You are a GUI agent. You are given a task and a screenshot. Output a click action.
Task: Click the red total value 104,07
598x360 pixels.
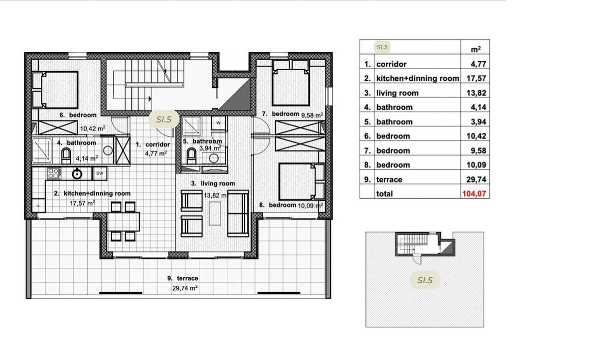(x=474, y=193)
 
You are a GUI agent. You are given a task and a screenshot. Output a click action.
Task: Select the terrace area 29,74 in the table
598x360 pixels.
(x=476, y=179)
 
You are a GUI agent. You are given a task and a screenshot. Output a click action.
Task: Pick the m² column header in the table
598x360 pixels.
(x=476, y=49)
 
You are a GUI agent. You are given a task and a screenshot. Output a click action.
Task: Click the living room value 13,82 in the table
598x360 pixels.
(x=476, y=93)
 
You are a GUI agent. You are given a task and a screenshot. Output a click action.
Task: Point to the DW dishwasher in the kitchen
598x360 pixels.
(x=100, y=174)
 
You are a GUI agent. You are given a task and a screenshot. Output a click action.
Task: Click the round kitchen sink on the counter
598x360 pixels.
(x=77, y=174)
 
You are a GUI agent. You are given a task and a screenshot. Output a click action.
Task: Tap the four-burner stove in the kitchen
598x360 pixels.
(x=54, y=174)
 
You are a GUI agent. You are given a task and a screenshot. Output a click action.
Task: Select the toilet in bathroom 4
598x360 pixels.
(x=66, y=156)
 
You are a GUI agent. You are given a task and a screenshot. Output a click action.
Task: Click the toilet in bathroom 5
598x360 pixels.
(x=191, y=156)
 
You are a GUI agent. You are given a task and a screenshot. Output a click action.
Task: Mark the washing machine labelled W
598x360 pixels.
(x=218, y=123)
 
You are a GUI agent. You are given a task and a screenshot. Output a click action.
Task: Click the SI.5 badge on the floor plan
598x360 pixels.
(x=163, y=120)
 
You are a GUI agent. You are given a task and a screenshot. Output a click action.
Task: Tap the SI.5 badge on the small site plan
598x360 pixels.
(x=425, y=280)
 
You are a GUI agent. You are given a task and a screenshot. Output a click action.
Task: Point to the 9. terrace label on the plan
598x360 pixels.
(x=183, y=278)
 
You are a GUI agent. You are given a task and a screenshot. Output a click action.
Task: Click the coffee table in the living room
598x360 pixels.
(x=215, y=213)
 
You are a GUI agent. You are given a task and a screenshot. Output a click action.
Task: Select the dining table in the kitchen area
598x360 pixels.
(x=124, y=222)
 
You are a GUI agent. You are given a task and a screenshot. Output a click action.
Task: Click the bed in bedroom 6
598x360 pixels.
(x=55, y=90)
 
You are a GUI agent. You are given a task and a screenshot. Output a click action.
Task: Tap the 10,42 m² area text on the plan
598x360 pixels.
(x=93, y=128)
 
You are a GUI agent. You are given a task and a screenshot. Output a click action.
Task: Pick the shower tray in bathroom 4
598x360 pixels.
(x=42, y=150)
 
